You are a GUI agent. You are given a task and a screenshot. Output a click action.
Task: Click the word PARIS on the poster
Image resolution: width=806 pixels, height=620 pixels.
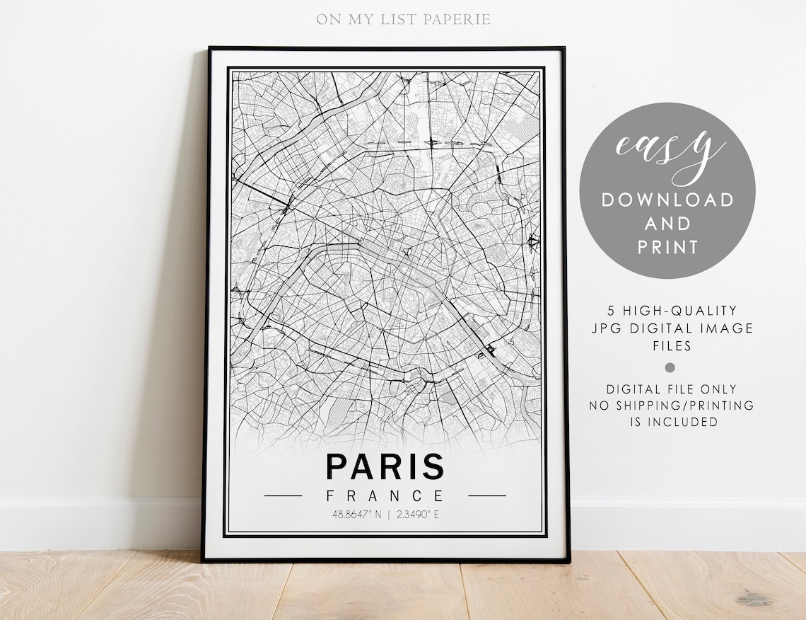(x=385, y=467)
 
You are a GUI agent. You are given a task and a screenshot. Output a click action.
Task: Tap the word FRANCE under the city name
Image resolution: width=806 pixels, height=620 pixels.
(x=385, y=495)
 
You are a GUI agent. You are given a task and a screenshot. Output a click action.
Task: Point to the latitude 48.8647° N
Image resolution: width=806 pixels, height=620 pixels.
(x=352, y=515)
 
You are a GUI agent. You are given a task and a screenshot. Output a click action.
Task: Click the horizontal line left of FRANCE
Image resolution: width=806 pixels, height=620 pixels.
(x=283, y=495)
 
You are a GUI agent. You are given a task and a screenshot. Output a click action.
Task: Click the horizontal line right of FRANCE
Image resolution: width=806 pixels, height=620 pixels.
(x=487, y=495)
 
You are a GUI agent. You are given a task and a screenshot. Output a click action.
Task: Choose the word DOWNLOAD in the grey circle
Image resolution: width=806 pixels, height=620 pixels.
(x=667, y=200)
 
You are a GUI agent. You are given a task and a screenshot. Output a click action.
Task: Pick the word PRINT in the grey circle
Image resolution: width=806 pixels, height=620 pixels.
(x=667, y=247)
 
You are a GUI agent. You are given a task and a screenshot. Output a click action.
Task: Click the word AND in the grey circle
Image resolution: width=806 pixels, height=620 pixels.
(x=667, y=224)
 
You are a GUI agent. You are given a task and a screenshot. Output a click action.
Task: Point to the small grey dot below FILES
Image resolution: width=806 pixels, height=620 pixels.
(x=670, y=367)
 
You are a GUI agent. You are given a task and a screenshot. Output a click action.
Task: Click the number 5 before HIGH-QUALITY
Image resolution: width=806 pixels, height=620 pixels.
(x=611, y=311)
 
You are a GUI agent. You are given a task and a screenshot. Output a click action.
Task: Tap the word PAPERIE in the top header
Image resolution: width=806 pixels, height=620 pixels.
(x=457, y=19)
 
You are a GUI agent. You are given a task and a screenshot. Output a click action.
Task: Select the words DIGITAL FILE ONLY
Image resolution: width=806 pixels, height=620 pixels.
(x=671, y=389)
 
